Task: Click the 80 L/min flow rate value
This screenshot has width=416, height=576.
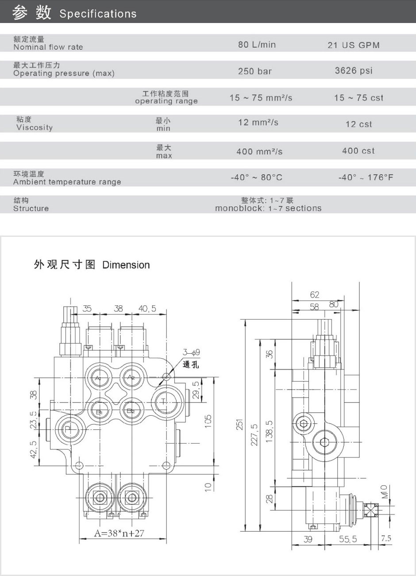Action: [x=257, y=45]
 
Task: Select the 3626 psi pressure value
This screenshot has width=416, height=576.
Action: [x=354, y=71]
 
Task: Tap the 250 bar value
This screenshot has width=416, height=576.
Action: [x=254, y=71]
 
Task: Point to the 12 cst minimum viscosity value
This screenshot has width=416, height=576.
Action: [x=358, y=124]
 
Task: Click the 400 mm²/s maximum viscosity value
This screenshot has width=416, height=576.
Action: [x=259, y=151]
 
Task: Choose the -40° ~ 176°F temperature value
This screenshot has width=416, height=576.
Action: [x=366, y=178]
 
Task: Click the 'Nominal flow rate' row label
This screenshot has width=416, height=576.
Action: [x=48, y=47]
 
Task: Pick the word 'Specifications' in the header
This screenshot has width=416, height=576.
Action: [x=98, y=14]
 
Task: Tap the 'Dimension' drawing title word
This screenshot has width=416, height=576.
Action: [x=126, y=265]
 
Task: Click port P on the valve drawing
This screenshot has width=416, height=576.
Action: [x=68, y=429]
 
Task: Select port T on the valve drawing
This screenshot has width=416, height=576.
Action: [x=164, y=402]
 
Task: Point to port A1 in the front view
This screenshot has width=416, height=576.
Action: [x=99, y=378]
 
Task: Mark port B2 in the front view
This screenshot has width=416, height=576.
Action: [x=131, y=411]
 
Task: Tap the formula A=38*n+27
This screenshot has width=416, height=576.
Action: [x=119, y=533]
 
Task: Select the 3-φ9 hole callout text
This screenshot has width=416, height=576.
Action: [x=191, y=352]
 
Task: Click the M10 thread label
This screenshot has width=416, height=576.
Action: [x=385, y=491]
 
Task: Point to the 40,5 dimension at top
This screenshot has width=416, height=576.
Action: [x=147, y=309]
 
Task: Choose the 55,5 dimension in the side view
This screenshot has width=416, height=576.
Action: [x=348, y=539]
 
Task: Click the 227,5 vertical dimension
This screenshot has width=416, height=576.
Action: [x=254, y=435]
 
